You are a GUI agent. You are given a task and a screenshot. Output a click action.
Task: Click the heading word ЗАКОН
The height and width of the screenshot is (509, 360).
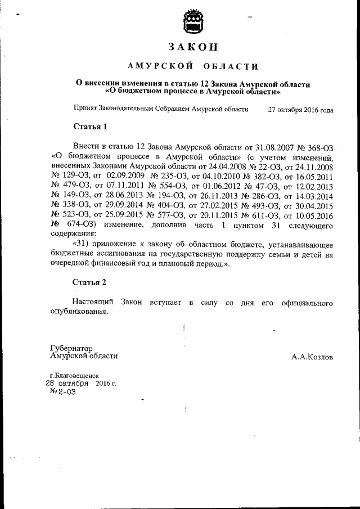click(193, 47)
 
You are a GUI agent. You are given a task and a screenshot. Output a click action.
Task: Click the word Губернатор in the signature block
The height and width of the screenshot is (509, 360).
click(71, 348)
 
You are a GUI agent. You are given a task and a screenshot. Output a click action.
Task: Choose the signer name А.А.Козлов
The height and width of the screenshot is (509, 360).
click(312, 357)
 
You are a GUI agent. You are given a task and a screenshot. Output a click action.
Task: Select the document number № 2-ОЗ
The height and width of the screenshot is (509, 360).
click(62, 393)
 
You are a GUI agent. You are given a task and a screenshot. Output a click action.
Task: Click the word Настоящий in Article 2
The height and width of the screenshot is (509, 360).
click(93, 303)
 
